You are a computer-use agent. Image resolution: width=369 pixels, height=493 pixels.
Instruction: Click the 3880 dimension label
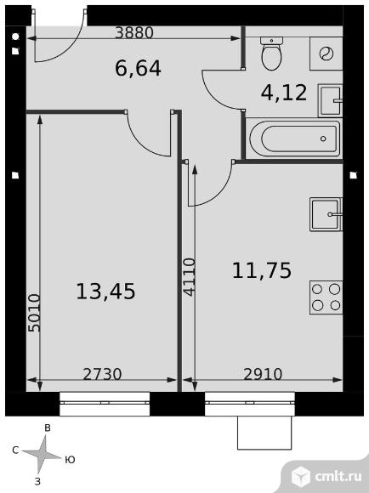pyautogui.click(x=134, y=32)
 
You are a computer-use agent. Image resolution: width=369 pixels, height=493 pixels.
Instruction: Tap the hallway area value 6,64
pyautogui.click(x=138, y=69)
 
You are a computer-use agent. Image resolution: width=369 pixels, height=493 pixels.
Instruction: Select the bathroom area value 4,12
pyautogui.click(x=284, y=93)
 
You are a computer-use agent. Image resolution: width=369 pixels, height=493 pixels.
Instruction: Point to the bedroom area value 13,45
pyautogui.click(x=105, y=291)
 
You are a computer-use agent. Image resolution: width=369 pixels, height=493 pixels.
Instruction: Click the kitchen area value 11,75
pyautogui.click(x=262, y=270)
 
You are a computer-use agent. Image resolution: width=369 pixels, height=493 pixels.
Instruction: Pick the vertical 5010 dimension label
pyautogui.click(x=34, y=313)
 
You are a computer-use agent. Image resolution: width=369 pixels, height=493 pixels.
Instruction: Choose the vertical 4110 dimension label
pyautogui.click(x=190, y=277)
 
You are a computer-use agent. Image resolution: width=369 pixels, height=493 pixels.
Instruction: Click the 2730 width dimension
pyautogui.click(x=102, y=374)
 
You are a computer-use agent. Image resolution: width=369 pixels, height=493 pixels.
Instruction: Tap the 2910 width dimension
pyautogui.click(x=263, y=374)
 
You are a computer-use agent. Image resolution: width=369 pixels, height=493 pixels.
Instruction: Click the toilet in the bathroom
pyautogui.click(x=271, y=54)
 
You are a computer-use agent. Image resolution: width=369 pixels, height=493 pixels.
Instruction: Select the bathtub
pyautogui.click(x=295, y=139)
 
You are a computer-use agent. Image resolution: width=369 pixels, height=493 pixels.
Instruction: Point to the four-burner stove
pyautogui.click(x=326, y=297)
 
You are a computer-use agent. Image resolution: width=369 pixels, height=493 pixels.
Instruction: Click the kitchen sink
pyautogui.click(x=326, y=214)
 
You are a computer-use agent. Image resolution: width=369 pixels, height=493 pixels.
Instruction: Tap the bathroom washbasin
pyautogui.click(x=330, y=100)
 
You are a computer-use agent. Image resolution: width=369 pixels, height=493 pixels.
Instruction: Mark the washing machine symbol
pyautogui.click(x=326, y=54)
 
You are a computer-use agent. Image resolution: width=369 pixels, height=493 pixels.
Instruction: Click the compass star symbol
pyautogui.click(x=43, y=454)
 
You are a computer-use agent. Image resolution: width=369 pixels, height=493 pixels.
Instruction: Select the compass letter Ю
pyautogui.click(x=70, y=460)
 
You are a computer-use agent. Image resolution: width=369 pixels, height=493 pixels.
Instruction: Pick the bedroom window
pyautogui.click(x=105, y=404)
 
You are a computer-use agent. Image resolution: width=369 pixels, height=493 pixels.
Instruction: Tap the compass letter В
pyautogui.click(x=48, y=428)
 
